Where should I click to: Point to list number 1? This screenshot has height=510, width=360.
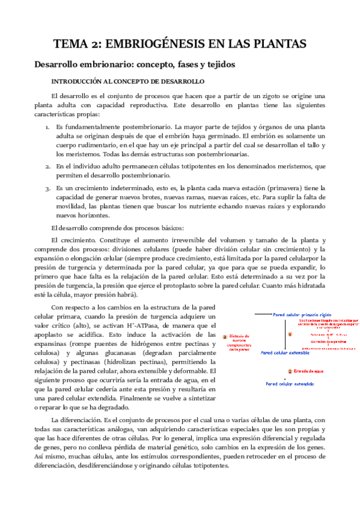[48, 127]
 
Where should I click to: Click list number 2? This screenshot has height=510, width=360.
[48, 165]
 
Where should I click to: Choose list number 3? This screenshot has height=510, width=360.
[48, 188]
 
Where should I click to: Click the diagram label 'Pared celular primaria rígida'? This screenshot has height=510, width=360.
[302, 315]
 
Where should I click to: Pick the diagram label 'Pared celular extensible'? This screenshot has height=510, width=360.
[285, 353]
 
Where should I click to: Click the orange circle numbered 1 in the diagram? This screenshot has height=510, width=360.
[289, 333]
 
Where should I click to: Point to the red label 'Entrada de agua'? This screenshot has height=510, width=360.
[310, 371]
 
